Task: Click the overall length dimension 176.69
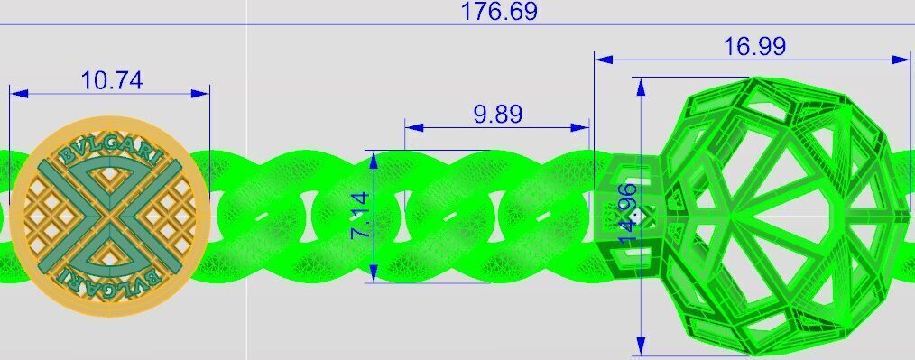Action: click(x=498, y=12)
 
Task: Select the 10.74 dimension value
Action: click(x=111, y=80)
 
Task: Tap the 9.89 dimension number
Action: click(x=497, y=115)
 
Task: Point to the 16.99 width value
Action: click(x=754, y=46)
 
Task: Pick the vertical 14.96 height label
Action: click(x=628, y=213)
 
